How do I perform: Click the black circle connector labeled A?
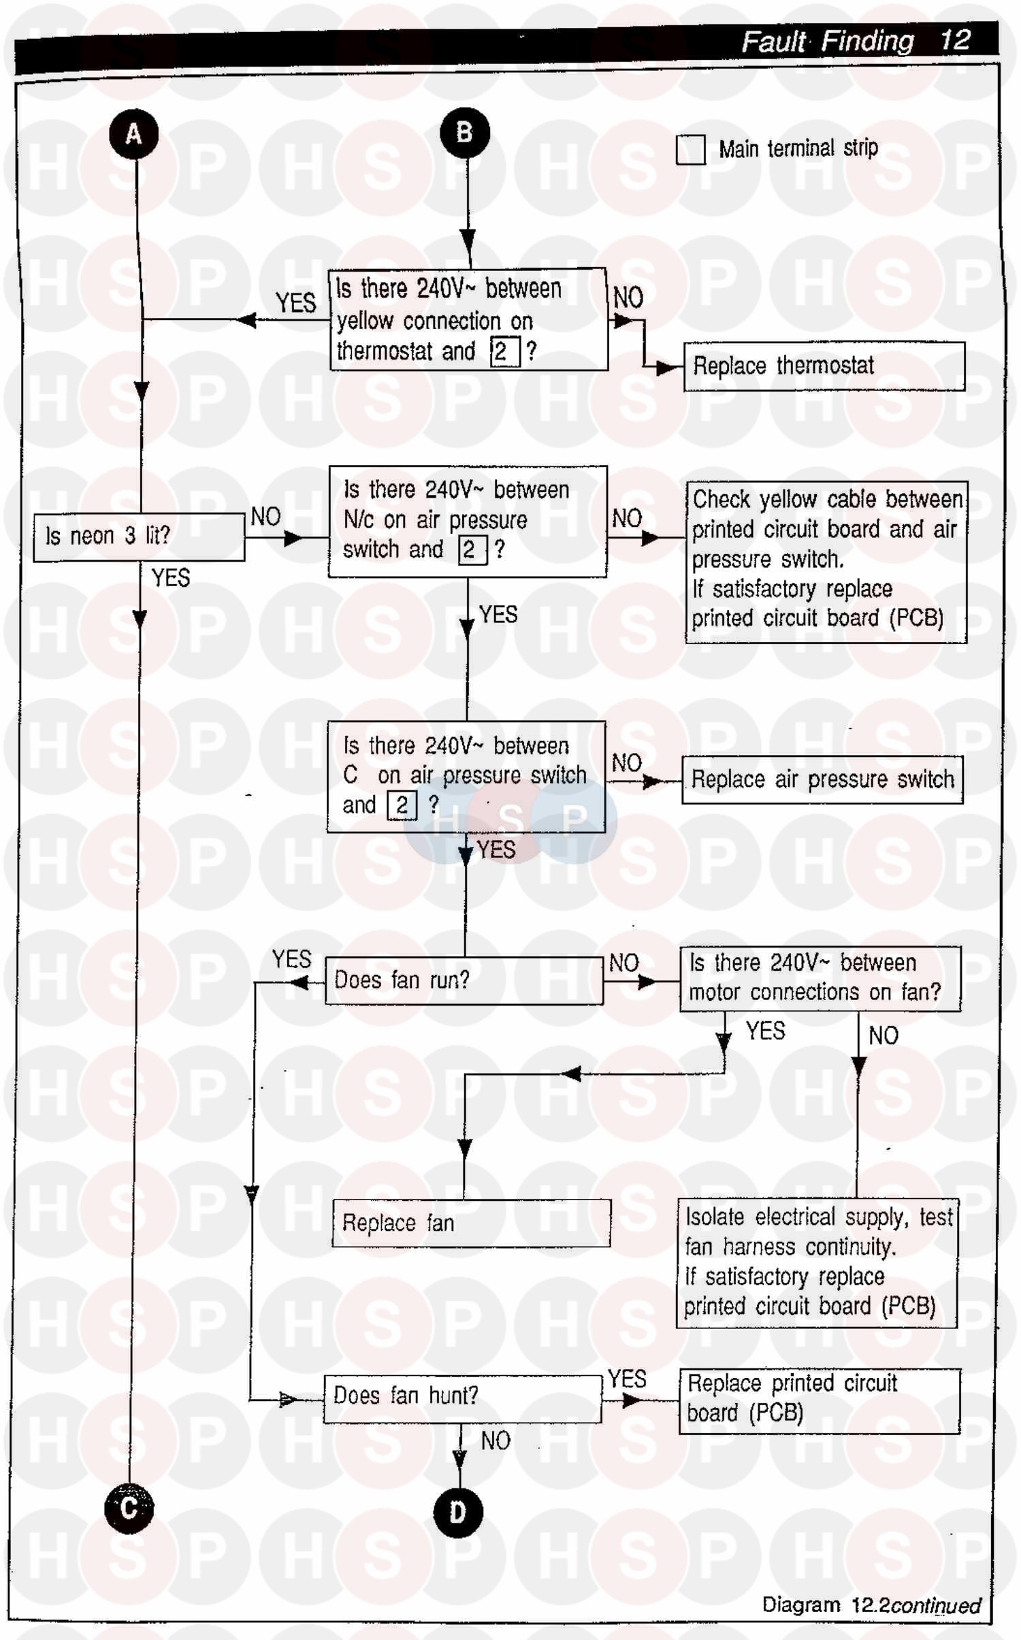pos(134,133)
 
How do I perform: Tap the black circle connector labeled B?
pos(465,133)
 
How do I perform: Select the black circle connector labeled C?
pos(129,1509)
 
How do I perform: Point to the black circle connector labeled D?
pos(458,1512)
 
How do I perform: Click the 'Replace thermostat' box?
pos(824,366)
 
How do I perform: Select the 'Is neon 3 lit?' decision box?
pos(139,536)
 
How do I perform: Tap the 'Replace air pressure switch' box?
pos(822,779)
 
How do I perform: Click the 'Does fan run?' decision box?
pos(464,980)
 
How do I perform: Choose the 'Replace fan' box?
pos(471,1223)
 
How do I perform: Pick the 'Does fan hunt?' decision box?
pos(462,1396)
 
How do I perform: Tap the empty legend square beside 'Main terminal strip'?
pos(690,150)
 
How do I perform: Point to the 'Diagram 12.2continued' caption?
pos(871,1605)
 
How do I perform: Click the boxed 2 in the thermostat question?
pos(504,351)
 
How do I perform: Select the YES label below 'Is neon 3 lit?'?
pos(171,578)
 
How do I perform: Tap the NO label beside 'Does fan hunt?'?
pos(495,1441)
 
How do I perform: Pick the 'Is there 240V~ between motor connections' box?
pos(820,978)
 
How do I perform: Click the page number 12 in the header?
pos(954,40)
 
